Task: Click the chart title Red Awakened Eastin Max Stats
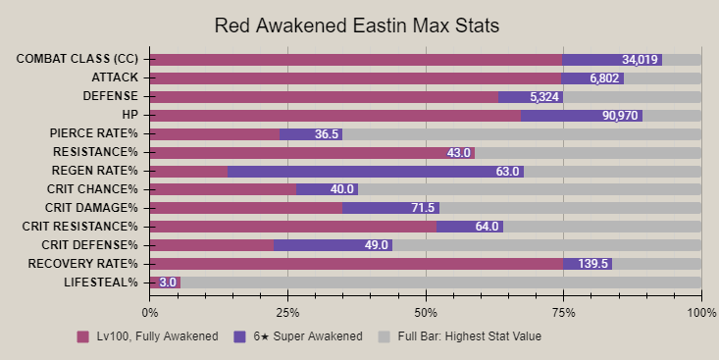tap(357, 26)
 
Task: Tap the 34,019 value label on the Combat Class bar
tap(640, 60)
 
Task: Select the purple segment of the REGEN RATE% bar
tap(376, 172)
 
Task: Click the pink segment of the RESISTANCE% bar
tap(312, 153)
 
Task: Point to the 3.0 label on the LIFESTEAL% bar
tap(168, 283)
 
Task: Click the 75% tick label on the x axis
tap(564, 313)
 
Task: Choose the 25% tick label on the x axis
tap(287, 313)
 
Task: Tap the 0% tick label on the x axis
tap(150, 313)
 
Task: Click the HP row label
tap(129, 115)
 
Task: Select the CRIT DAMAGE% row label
tap(91, 208)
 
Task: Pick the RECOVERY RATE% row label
tap(82, 264)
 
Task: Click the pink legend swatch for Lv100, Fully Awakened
tap(83, 336)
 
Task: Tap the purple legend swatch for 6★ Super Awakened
tap(239, 336)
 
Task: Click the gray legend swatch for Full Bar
tap(385, 336)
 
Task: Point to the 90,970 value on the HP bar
tap(620, 116)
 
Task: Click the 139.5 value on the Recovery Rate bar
tap(592, 264)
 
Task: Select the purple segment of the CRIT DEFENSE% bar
tap(333, 246)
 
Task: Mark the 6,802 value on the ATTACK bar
tap(604, 78)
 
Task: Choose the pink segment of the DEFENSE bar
tap(325, 97)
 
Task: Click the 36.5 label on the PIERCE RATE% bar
tap(327, 134)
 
